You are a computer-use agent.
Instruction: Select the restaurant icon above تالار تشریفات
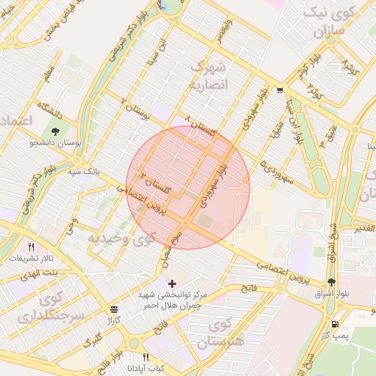tap(31, 247)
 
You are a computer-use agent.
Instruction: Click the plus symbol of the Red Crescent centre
tap(172, 283)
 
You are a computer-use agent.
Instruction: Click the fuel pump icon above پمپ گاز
tap(336, 324)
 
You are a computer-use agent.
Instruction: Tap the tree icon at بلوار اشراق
tap(333, 282)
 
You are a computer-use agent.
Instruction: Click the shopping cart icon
tap(281, 90)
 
